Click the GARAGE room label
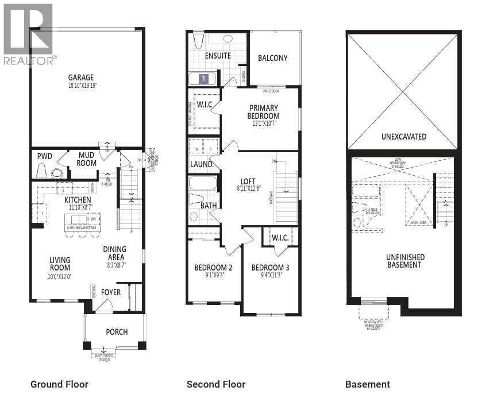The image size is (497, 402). (x=80, y=78)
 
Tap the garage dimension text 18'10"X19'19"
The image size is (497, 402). (x=80, y=86)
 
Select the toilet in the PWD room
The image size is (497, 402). (x=41, y=171)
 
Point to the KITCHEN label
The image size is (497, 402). (x=78, y=200)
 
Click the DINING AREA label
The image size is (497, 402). (x=114, y=253)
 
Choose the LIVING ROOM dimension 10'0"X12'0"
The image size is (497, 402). (x=60, y=276)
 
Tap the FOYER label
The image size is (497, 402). (x=111, y=292)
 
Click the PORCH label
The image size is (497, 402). (x=117, y=332)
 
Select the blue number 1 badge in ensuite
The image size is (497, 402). (x=203, y=79)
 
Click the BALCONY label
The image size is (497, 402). (x=272, y=58)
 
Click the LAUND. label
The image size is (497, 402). (x=202, y=164)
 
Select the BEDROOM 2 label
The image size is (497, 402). (x=213, y=268)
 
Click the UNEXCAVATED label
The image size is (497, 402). (x=403, y=137)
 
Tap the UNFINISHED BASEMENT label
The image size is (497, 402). (x=405, y=261)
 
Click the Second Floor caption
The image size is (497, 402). (x=215, y=384)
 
